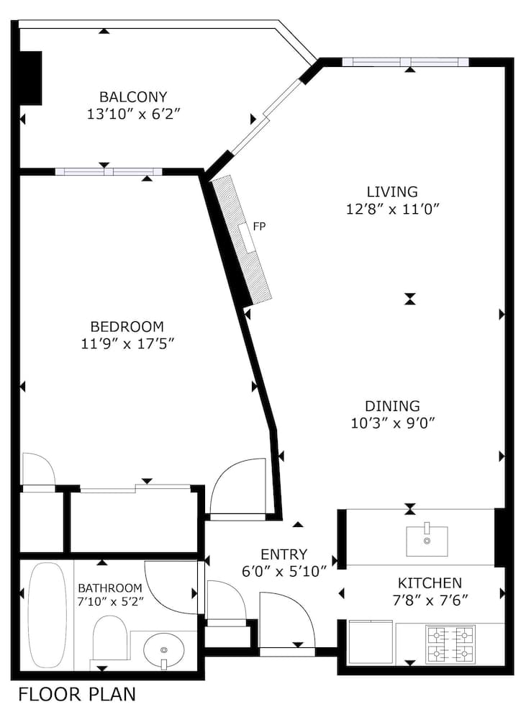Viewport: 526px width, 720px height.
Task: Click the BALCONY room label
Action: click(133, 96)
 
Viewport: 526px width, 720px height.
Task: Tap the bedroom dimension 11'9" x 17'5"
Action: click(127, 343)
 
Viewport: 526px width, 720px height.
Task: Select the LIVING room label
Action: click(392, 192)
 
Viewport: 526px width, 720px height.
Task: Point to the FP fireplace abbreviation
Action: click(260, 226)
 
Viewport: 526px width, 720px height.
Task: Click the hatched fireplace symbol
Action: click(242, 238)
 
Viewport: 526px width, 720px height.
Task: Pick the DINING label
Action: click(392, 406)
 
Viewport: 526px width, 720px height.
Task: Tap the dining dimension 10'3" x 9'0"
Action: click(392, 423)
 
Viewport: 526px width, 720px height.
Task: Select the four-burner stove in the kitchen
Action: click(450, 643)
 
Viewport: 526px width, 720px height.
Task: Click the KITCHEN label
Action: click(430, 583)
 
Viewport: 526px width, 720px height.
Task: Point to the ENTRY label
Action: click(284, 554)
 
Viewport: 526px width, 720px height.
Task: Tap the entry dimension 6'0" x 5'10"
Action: click(284, 572)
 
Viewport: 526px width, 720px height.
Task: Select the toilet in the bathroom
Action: click(110, 640)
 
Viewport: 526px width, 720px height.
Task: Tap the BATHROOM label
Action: click(110, 588)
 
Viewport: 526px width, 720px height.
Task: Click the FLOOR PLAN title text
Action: click(76, 695)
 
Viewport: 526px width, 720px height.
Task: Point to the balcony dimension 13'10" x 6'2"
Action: click(133, 114)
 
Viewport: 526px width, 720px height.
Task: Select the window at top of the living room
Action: click(405, 62)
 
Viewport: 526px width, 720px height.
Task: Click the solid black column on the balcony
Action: click(30, 78)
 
